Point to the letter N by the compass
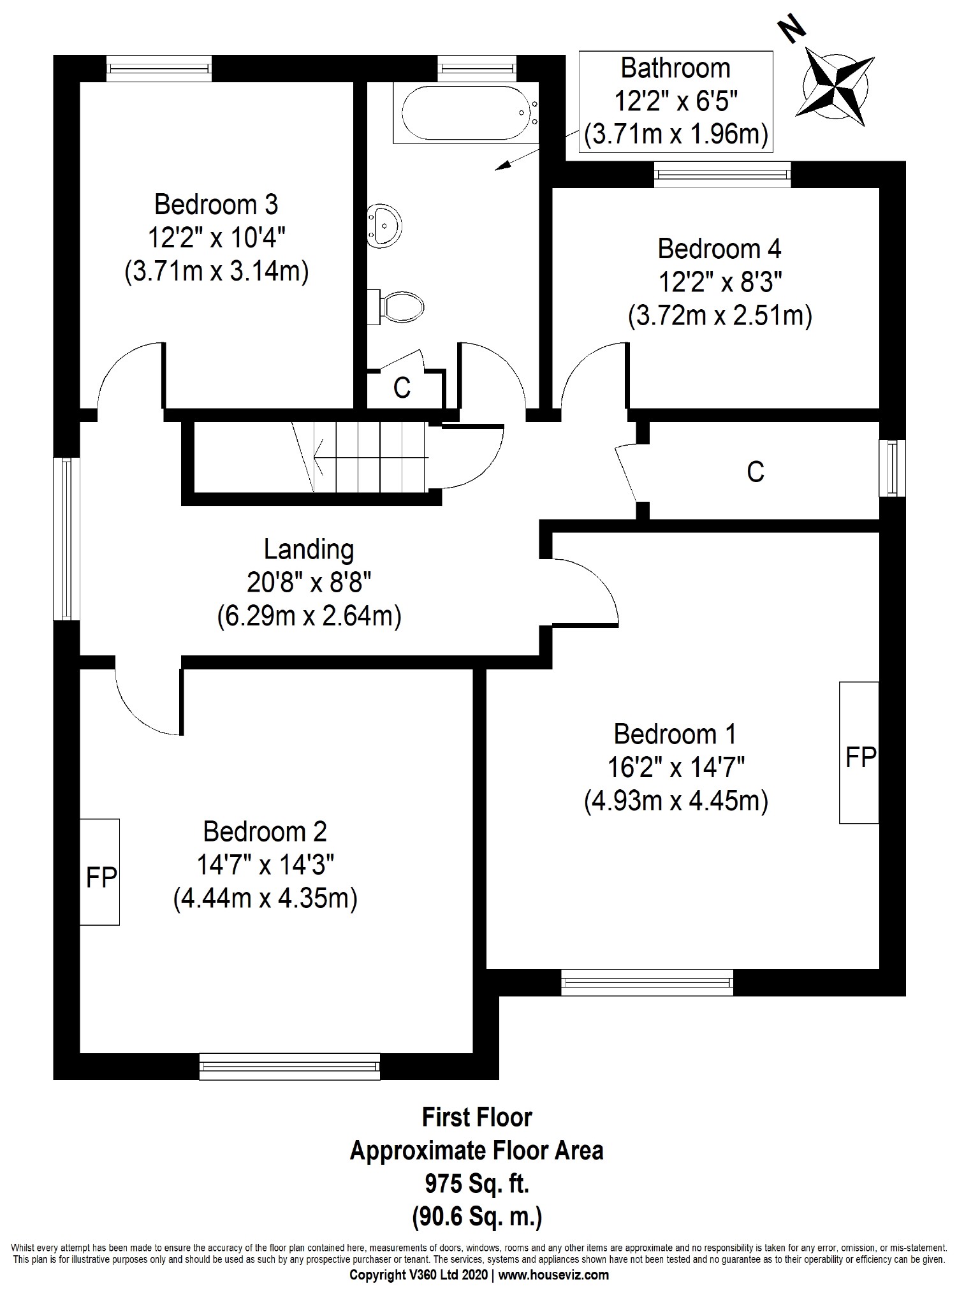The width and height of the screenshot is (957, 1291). click(792, 30)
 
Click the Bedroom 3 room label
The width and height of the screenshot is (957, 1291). click(216, 205)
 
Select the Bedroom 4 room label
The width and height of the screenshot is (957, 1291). click(719, 249)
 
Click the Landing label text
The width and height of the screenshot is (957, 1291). click(309, 549)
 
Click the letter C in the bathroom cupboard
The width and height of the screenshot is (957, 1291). click(402, 388)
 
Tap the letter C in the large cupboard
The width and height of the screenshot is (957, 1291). click(755, 472)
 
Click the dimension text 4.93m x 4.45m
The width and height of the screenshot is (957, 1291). click(675, 801)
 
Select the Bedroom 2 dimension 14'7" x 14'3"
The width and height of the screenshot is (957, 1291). click(265, 865)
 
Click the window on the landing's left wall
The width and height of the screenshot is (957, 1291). click(66, 539)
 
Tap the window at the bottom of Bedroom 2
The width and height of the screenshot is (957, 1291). click(289, 1066)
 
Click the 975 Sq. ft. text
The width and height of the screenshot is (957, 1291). click(477, 1184)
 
